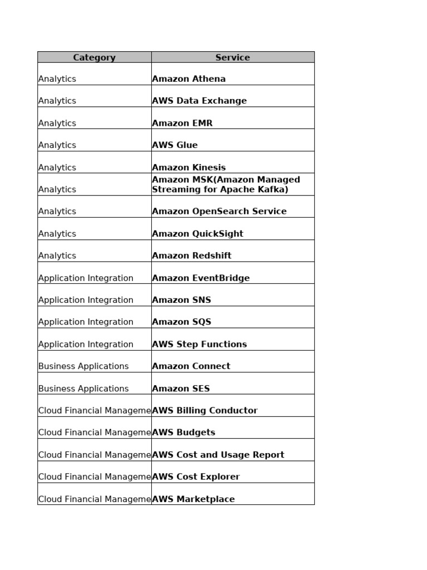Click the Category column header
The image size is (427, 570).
tap(94, 57)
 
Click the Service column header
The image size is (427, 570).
tap(232, 57)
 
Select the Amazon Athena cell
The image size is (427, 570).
tap(189, 78)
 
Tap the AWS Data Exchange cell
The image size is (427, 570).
tap(199, 101)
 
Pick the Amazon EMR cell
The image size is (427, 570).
tap(182, 123)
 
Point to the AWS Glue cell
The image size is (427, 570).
tap(175, 145)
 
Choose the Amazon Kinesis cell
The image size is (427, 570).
tap(189, 167)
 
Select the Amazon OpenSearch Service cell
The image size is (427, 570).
tap(219, 212)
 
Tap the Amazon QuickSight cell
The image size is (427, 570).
tap(197, 234)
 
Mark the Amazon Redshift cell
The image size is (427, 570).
tap(192, 255)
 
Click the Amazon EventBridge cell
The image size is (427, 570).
tap(201, 278)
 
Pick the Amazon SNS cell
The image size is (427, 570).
tap(181, 300)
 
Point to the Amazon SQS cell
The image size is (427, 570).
tap(181, 322)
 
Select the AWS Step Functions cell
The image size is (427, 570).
tap(199, 344)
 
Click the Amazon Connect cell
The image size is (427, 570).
tap(191, 366)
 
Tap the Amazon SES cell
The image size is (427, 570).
tap(181, 389)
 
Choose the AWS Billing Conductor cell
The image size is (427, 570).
tap(205, 410)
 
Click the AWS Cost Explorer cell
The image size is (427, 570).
tap(196, 477)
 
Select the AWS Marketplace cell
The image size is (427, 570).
tap(193, 499)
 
